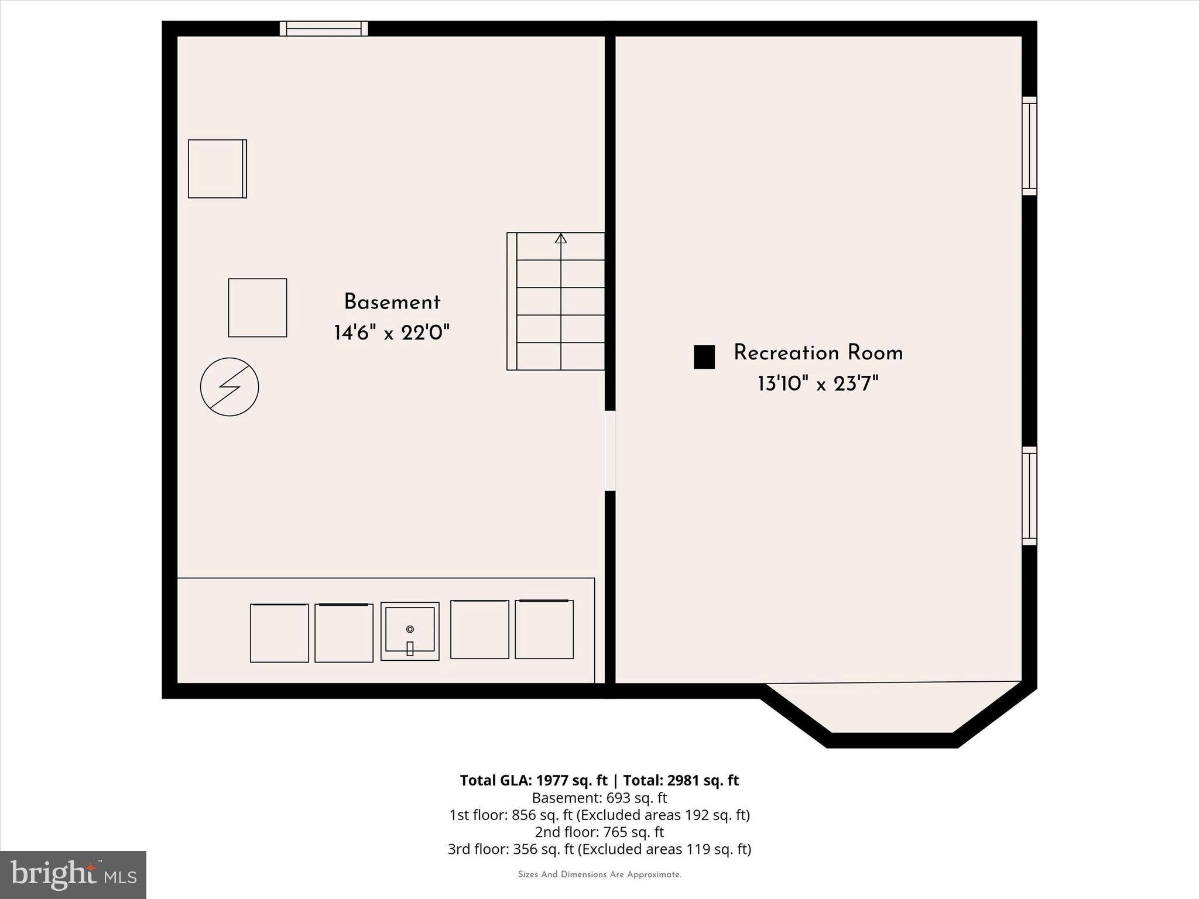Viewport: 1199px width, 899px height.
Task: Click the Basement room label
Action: point(392,303)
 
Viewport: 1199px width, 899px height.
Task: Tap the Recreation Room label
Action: point(818,353)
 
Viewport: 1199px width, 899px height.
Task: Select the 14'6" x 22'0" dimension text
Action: point(392,333)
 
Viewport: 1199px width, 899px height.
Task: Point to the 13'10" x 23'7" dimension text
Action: point(818,385)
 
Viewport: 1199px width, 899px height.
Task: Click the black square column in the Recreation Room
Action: point(704,357)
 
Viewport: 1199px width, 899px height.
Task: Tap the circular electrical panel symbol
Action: point(229,387)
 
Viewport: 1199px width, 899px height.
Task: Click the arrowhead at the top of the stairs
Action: point(561,238)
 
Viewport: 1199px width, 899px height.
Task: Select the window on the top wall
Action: point(324,29)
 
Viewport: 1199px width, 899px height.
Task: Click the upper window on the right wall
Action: point(1029,146)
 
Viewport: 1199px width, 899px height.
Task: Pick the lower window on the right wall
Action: point(1029,496)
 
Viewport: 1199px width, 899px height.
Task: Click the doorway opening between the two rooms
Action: point(610,450)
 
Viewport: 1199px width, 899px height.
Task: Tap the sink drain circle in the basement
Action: point(410,629)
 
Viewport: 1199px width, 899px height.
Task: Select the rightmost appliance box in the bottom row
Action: point(544,629)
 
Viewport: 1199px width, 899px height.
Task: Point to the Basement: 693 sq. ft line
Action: point(599,798)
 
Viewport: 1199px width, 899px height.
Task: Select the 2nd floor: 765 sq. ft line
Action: point(599,832)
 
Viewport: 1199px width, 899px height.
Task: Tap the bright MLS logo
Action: point(73,875)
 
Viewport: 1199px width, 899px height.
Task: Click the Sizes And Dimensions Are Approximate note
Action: point(599,874)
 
